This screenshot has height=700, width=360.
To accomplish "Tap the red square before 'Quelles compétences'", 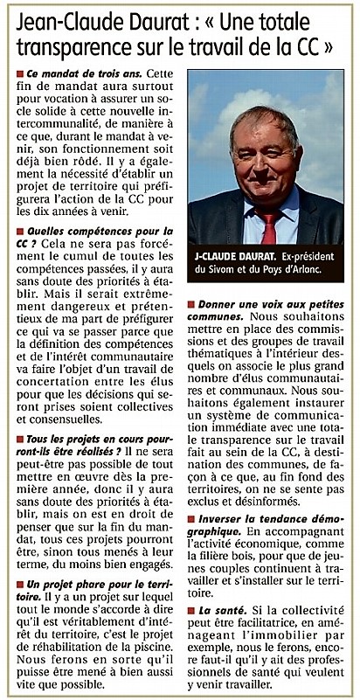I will (x=20, y=231).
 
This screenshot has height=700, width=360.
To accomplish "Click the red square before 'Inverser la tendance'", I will (x=191, y=521).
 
